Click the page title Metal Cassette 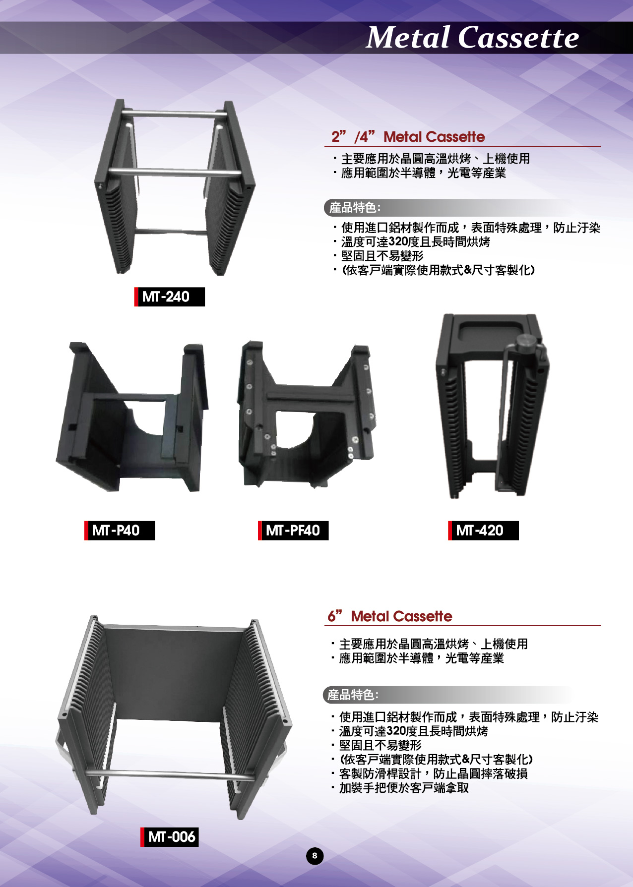(472, 37)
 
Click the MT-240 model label (170, 296)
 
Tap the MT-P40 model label (120, 531)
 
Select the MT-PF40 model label (293, 531)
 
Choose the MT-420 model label (483, 531)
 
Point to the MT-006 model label (170, 837)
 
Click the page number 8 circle (315, 856)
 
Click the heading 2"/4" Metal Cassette (408, 136)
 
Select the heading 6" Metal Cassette (389, 616)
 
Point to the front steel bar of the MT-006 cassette (170, 775)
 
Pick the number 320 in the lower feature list (396, 731)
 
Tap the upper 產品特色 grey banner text (355, 207)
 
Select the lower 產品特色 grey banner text (353, 695)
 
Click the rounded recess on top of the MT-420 (491, 332)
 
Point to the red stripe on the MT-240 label (136, 296)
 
